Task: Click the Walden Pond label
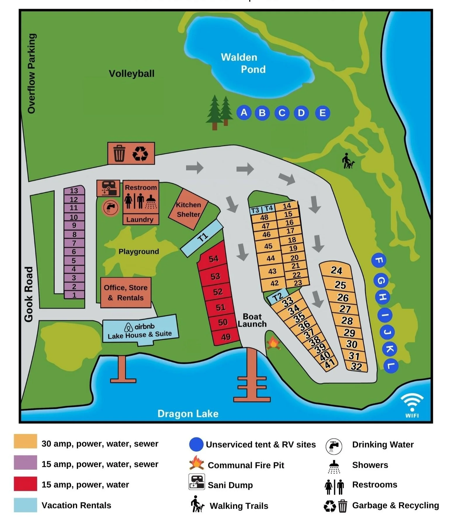coord(243,63)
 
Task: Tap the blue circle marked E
coord(322,113)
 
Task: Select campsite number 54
coord(213,259)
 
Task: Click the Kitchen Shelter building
coord(188,209)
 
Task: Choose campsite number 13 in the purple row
coord(74,191)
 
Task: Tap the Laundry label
coord(140,220)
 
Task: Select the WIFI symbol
coord(412,405)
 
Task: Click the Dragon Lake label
coord(188,414)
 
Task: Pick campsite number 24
coord(336,270)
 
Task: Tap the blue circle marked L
coord(391,365)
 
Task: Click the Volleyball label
coord(131,73)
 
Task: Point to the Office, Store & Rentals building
coord(126,293)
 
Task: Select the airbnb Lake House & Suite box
coord(140,330)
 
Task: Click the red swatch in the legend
coord(25,484)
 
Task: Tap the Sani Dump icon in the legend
coord(196,482)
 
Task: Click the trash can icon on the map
coord(119,153)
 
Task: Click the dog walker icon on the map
coord(348,161)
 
